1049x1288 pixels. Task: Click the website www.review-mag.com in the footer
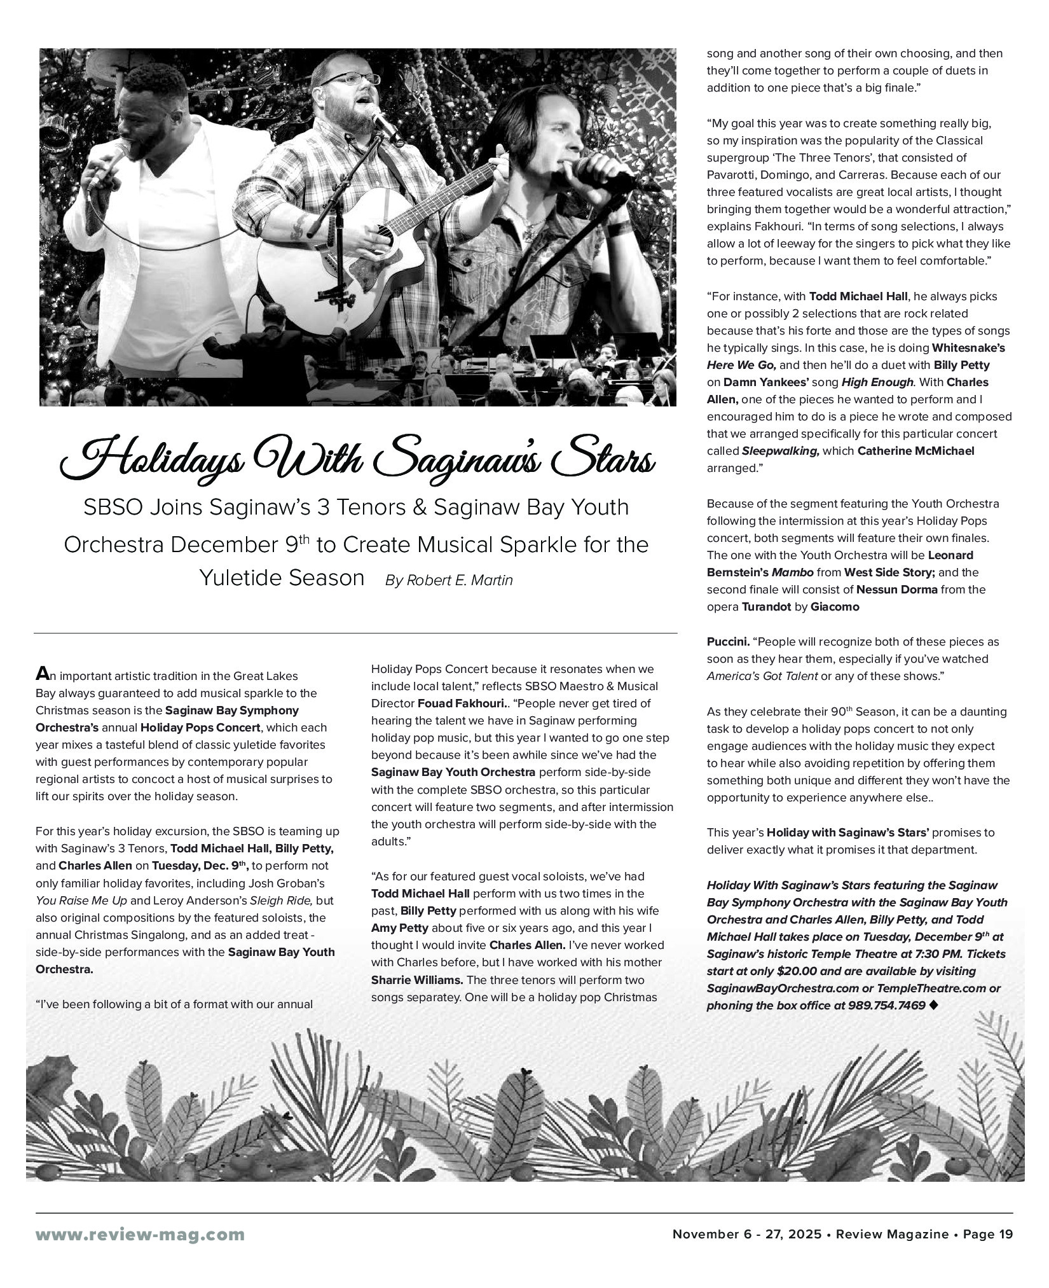click(x=140, y=1235)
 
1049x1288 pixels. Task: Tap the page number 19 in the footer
click(x=1006, y=1234)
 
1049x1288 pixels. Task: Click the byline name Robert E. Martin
click(x=459, y=580)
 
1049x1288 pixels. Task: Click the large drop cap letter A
click(x=42, y=674)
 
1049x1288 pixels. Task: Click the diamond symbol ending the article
click(x=933, y=1005)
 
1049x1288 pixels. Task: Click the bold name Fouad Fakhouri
click(x=461, y=703)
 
